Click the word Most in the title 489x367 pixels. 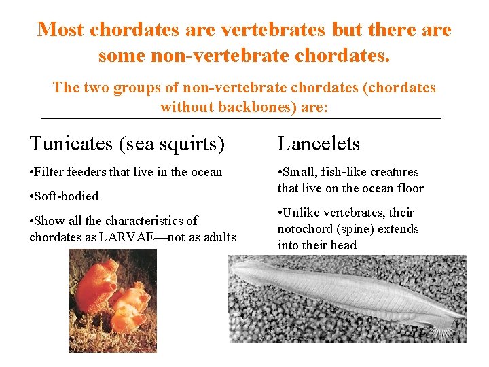point(61,30)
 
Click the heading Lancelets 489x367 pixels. point(319,144)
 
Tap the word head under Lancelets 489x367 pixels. point(342,245)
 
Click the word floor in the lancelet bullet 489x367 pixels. point(410,188)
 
